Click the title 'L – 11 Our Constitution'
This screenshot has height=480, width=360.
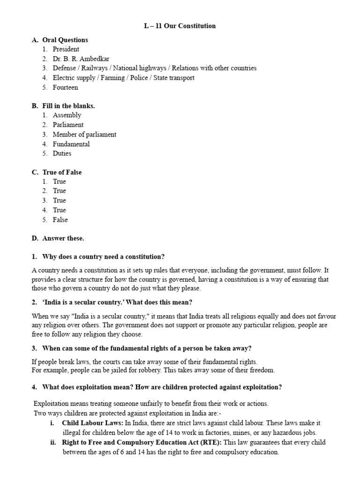tap(180, 26)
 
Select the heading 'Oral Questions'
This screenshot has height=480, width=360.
tap(65, 40)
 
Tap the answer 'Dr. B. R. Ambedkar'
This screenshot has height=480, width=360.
tap(81, 59)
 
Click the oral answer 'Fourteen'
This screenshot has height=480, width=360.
tap(65, 87)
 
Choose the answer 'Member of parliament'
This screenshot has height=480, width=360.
tap(84, 135)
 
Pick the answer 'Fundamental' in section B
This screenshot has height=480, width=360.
tap(71, 144)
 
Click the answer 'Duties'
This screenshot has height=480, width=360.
tap(62, 153)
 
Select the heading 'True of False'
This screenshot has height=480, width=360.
tap(62, 172)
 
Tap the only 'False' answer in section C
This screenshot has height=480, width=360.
tap(60, 219)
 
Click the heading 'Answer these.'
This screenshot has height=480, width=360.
tap(63, 238)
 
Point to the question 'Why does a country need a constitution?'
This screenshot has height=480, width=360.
tap(104, 257)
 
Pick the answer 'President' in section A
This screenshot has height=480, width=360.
tap(66, 49)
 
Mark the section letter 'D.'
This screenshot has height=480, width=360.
tap(35, 238)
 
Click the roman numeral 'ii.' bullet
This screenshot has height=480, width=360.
tap(53, 442)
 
